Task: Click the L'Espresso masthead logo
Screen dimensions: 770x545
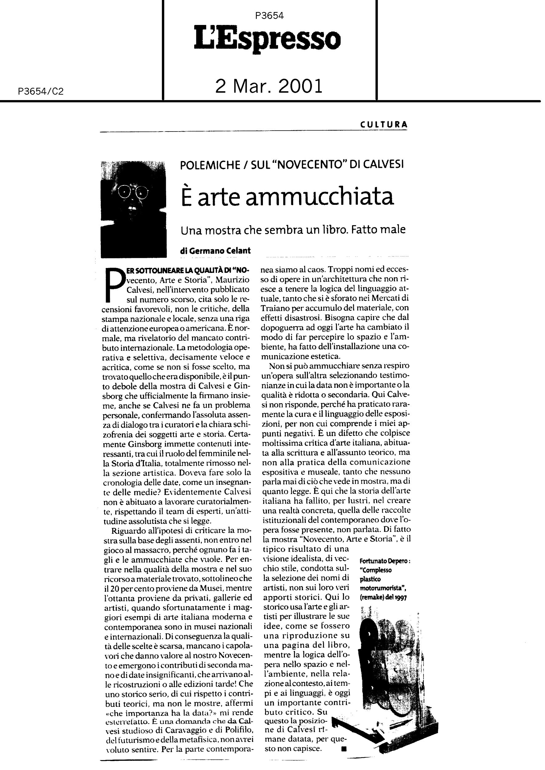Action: point(268,40)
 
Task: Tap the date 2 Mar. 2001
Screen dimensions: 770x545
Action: point(268,86)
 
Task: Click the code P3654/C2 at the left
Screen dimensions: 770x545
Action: point(41,91)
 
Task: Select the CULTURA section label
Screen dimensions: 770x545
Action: point(384,124)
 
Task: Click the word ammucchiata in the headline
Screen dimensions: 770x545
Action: point(319,197)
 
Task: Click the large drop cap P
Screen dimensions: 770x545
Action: point(113,284)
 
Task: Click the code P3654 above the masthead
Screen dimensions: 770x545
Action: point(269,16)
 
